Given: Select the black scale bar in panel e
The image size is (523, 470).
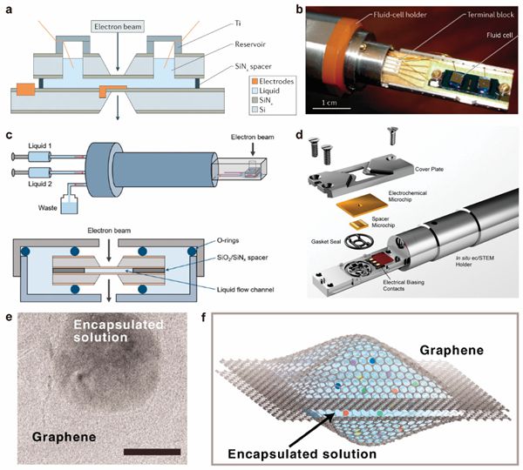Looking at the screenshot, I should coord(152,451).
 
